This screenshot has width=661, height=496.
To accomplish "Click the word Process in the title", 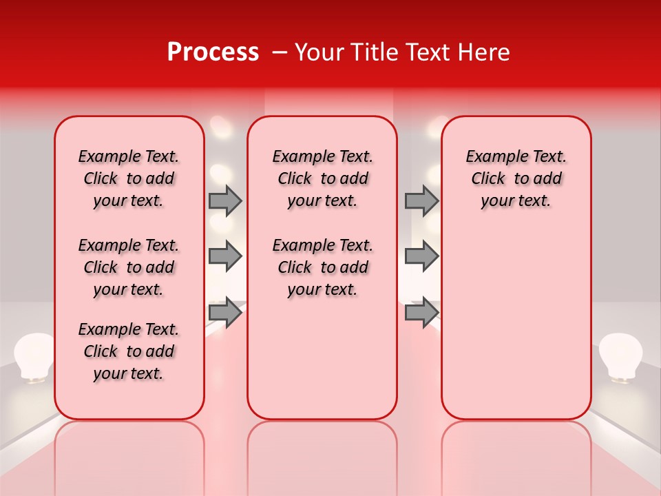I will click(212, 52).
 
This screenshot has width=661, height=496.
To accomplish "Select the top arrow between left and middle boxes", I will click(225, 200).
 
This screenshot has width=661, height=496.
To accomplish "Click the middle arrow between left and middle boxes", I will click(225, 257).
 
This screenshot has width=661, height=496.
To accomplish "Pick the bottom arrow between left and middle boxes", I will click(225, 313).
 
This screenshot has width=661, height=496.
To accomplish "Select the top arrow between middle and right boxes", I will click(421, 200).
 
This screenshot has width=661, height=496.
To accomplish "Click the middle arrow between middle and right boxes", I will click(421, 257).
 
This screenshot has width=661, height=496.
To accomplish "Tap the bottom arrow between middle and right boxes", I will click(421, 313).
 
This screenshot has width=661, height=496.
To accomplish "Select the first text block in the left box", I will click(129, 178).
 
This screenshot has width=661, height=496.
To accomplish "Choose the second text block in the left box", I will click(129, 267).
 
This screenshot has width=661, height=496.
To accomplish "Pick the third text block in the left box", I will click(129, 351).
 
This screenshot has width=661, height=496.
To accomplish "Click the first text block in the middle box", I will click(322, 178).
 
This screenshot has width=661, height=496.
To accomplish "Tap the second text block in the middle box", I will click(322, 267).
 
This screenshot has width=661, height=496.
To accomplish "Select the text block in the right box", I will click(516, 178).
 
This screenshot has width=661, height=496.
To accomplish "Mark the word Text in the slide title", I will click(423, 52).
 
